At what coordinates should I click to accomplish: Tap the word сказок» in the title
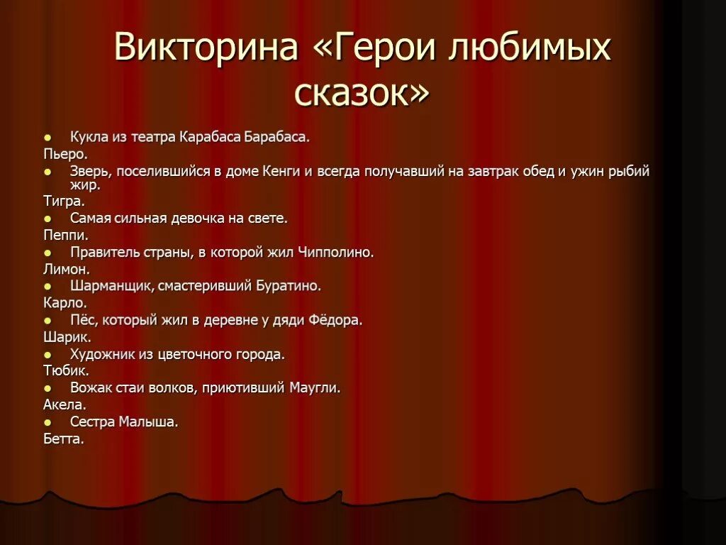[362, 92]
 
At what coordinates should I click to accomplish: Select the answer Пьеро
[65, 153]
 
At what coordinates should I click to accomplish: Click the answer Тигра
[64, 201]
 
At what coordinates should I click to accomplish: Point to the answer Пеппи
[66, 235]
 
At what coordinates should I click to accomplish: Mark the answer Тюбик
[66, 370]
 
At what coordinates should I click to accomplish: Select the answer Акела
[65, 404]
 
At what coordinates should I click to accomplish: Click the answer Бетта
[64, 439]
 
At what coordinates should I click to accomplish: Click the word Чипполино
[336, 252]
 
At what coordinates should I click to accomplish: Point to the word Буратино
[288, 286]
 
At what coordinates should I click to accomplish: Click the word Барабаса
[277, 136]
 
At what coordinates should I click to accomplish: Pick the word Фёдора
[335, 320]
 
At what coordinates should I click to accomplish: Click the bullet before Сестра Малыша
[47, 422]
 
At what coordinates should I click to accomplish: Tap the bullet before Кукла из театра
[47, 136]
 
